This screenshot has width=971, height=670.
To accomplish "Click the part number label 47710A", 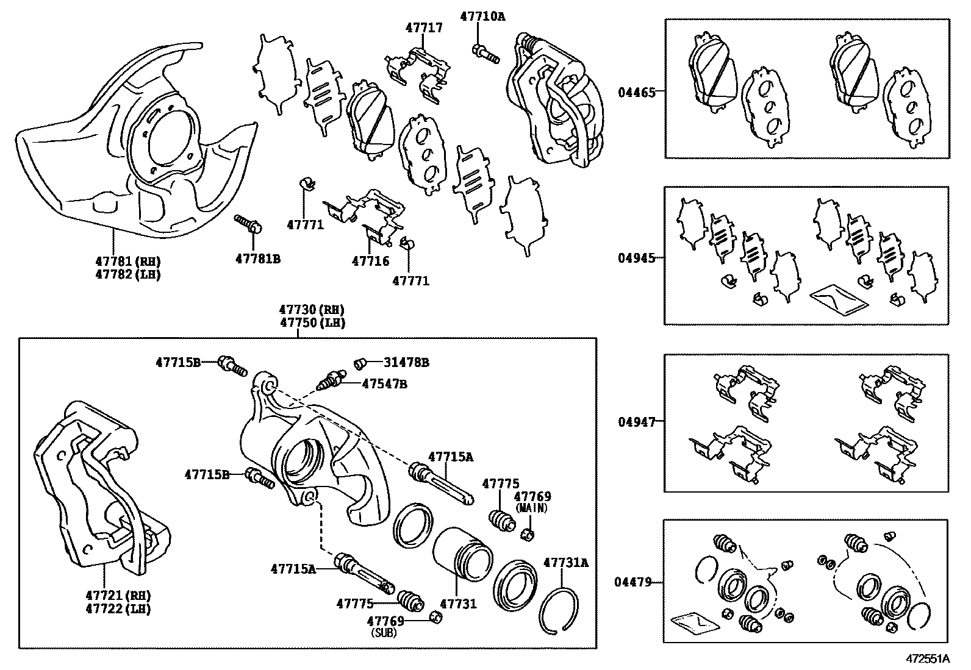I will [x=482, y=16].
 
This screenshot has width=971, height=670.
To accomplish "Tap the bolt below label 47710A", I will [x=485, y=54].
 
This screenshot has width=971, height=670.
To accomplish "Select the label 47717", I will [x=424, y=28].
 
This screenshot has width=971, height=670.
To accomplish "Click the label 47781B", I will [x=257, y=258].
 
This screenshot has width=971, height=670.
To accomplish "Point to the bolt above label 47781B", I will [x=248, y=223].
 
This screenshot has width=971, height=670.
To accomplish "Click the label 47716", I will [x=370, y=261].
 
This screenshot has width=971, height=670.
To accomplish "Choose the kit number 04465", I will [x=636, y=93].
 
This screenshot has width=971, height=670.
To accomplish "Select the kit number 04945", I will [x=636, y=258].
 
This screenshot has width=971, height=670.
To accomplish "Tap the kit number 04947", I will [x=636, y=422].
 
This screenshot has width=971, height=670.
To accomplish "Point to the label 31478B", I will [x=406, y=362].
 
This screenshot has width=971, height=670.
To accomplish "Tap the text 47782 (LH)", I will [x=127, y=274].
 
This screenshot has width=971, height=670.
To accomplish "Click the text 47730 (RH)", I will [x=312, y=310].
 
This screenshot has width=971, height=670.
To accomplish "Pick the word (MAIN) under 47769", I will [x=532, y=507].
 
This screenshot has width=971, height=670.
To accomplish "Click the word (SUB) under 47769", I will [x=385, y=633].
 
